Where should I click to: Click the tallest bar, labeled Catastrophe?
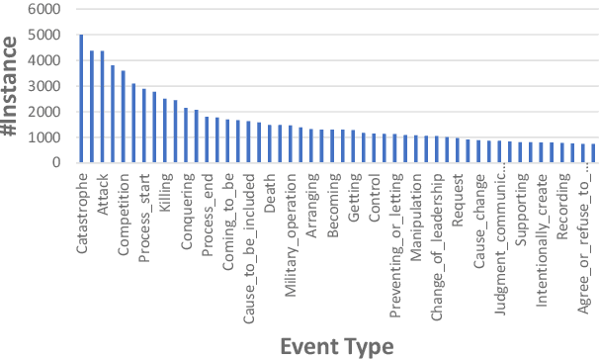point(81,98)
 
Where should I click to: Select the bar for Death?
point(270,142)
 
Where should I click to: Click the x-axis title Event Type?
point(336,345)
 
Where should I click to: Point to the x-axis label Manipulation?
point(417,209)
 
